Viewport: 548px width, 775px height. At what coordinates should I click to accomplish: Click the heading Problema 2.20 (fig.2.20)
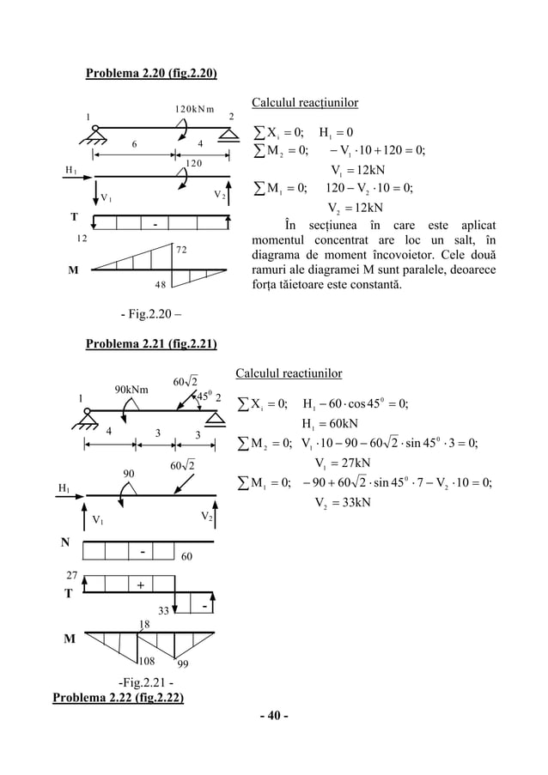click(x=150, y=71)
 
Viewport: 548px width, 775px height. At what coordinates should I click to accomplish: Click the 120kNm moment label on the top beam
click(x=194, y=109)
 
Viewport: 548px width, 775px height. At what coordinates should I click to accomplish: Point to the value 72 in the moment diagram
click(x=181, y=251)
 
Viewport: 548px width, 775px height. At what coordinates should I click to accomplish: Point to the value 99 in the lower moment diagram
click(x=183, y=664)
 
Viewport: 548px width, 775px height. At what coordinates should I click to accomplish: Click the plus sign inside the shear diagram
click(x=138, y=584)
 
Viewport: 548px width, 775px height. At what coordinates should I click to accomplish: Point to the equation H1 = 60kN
click(x=330, y=423)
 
